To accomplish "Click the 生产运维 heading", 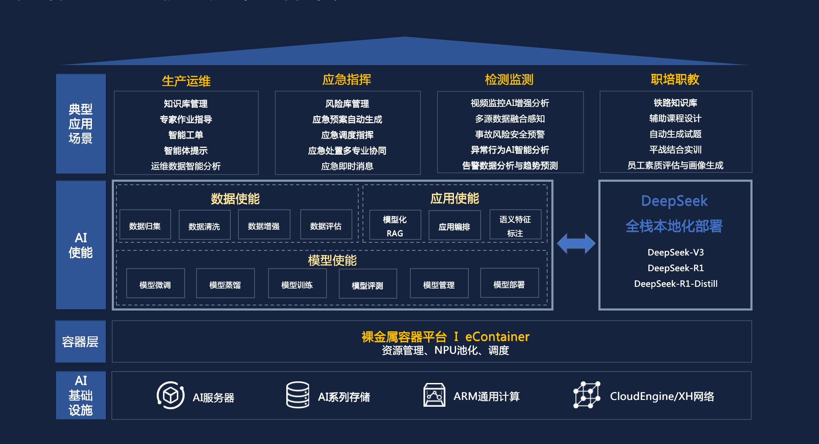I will pos(186,81).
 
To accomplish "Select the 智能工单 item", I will pos(186,135).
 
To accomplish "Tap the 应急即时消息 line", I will pos(347,166).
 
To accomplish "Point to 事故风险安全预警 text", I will pos(510,134).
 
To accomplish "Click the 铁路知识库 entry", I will pos(675,103).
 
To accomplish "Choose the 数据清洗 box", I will pos(205,226).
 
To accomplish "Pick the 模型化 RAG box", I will pos(395,226).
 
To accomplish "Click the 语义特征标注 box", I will pos(515,226).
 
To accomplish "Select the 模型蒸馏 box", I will pos(225,284).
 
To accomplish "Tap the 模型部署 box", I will pos(509,284).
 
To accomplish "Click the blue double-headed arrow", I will pos(576,244).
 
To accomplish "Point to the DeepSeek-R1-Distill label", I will pos(675,284).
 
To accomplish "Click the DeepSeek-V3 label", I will pos(675,253).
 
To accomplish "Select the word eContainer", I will pos(497,337).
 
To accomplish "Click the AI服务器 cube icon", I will pos(171,396).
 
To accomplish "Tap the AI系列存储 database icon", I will pos(297,395).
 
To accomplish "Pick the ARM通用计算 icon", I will pos(434,395).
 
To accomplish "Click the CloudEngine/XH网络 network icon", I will pos(587,395).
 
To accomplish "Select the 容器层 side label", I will pos(80,342).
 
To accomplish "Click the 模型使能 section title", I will pos(332,260).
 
